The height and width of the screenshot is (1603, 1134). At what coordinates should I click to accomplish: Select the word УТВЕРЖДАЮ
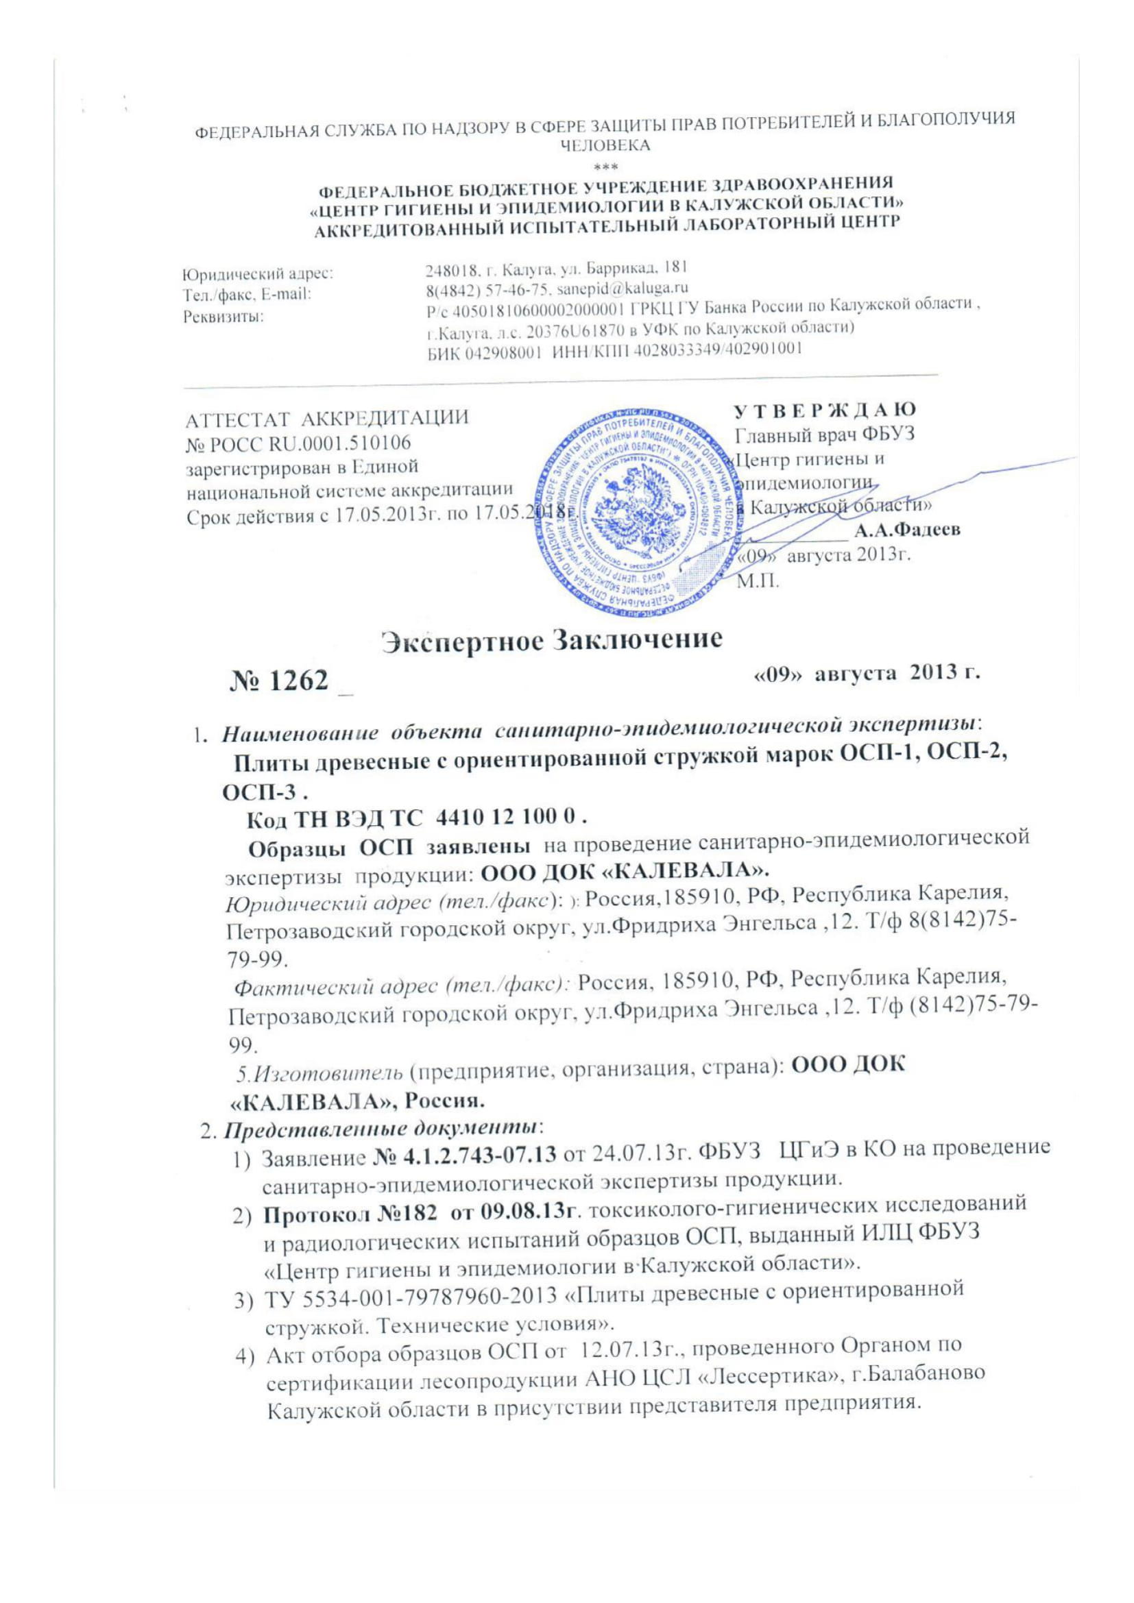coord(827,410)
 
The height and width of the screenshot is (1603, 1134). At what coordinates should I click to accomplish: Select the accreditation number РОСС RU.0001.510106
coord(298,443)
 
